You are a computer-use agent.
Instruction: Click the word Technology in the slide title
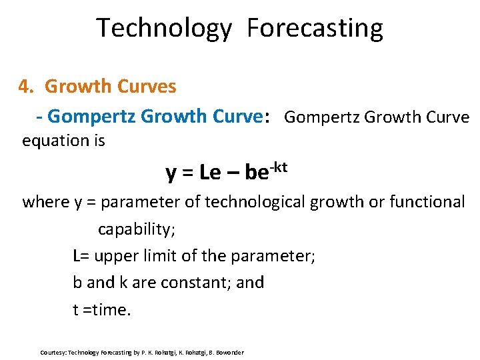tap(163, 29)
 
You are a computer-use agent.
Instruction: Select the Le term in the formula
tap(210, 173)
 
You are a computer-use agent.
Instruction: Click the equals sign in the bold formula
tap(188, 174)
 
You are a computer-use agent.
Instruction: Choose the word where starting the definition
tap(45, 202)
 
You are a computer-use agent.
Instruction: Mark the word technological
tap(256, 202)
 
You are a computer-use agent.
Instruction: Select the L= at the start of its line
tap(82, 255)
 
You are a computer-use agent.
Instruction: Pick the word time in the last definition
tap(110, 309)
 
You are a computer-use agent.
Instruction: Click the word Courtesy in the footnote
tap(53, 352)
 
